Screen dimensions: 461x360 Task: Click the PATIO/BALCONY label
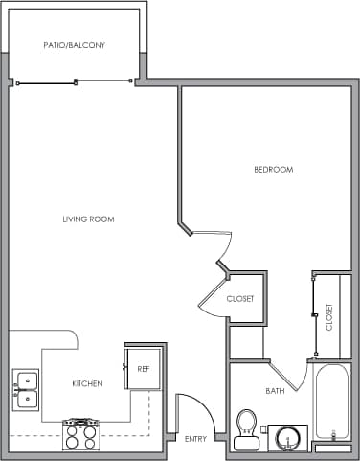74,45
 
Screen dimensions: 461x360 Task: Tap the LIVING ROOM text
88,219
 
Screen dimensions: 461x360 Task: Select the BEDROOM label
273,170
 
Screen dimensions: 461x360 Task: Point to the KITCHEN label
87,383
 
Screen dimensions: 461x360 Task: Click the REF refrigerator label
143,368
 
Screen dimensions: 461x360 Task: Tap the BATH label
275,391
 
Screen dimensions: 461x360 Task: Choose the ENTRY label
195,438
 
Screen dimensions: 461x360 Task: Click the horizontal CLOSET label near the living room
240,299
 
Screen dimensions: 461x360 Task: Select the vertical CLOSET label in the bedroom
329,317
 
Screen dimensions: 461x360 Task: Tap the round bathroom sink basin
286,437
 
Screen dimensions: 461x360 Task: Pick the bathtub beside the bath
334,403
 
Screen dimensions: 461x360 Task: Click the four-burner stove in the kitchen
80,434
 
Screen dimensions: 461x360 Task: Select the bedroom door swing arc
218,251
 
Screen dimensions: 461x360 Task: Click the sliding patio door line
75,84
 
